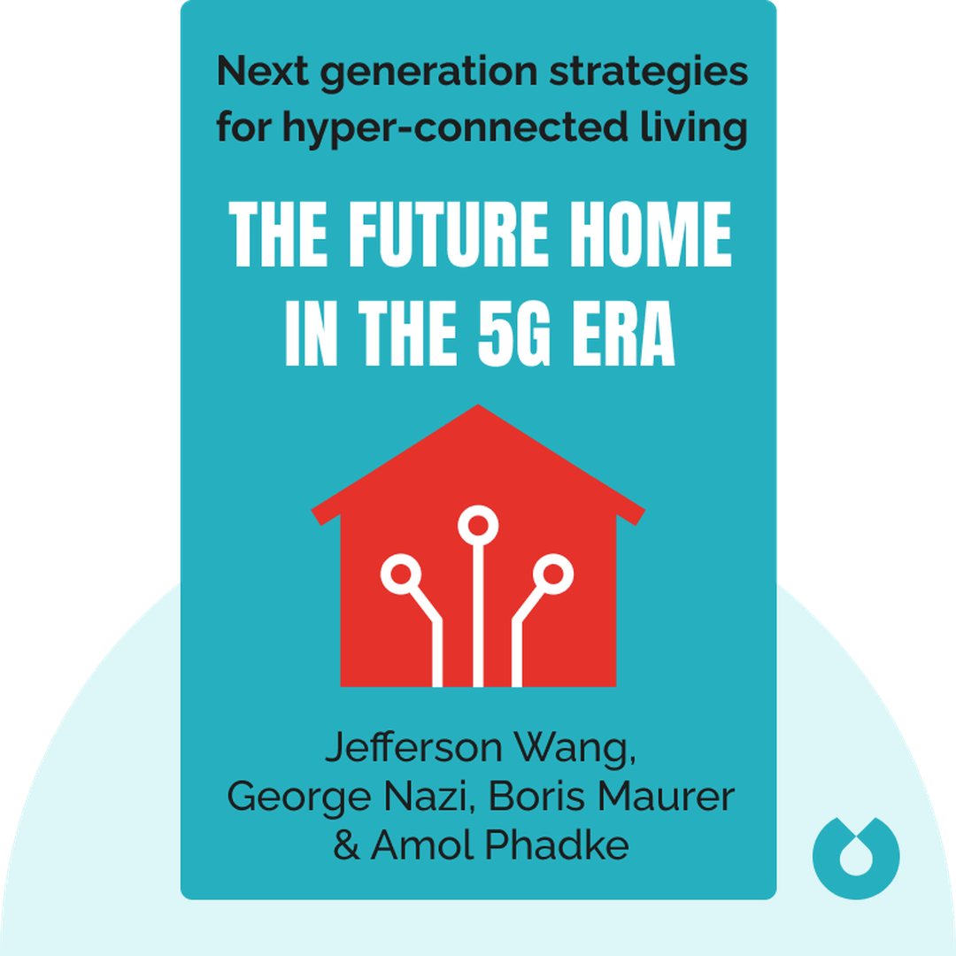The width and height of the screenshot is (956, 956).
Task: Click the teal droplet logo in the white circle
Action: (855, 855)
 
